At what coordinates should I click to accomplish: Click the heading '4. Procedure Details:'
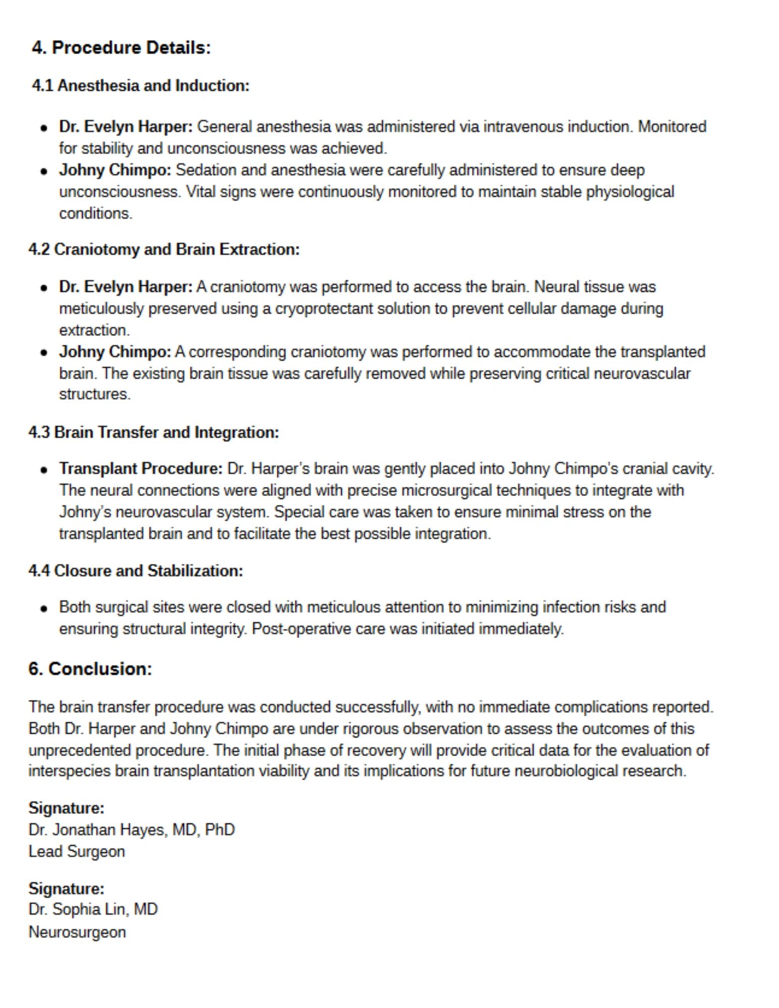click(x=121, y=48)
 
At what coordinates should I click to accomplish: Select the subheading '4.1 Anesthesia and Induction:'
click(x=141, y=86)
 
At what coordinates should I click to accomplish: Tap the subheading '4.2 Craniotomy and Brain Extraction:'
click(x=164, y=249)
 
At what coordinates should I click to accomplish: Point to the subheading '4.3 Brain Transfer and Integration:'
click(x=154, y=432)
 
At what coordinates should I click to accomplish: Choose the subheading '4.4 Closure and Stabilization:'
click(x=136, y=571)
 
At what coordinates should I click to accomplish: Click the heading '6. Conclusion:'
click(x=90, y=669)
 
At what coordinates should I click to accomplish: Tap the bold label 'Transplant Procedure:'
click(x=141, y=469)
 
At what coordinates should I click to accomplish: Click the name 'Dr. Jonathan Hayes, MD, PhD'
click(x=132, y=830)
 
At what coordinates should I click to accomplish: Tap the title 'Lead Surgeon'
click(x=77, y=851)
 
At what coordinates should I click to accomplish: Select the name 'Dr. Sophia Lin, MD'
click(x=93, y=909)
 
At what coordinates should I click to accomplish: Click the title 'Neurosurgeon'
click(x=77, y=932)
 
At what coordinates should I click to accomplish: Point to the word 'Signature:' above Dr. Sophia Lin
click(x=66, y=888)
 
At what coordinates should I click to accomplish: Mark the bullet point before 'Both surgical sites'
click(x=44, y=608)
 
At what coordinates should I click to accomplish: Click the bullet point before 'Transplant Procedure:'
click(x=44, y=470)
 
